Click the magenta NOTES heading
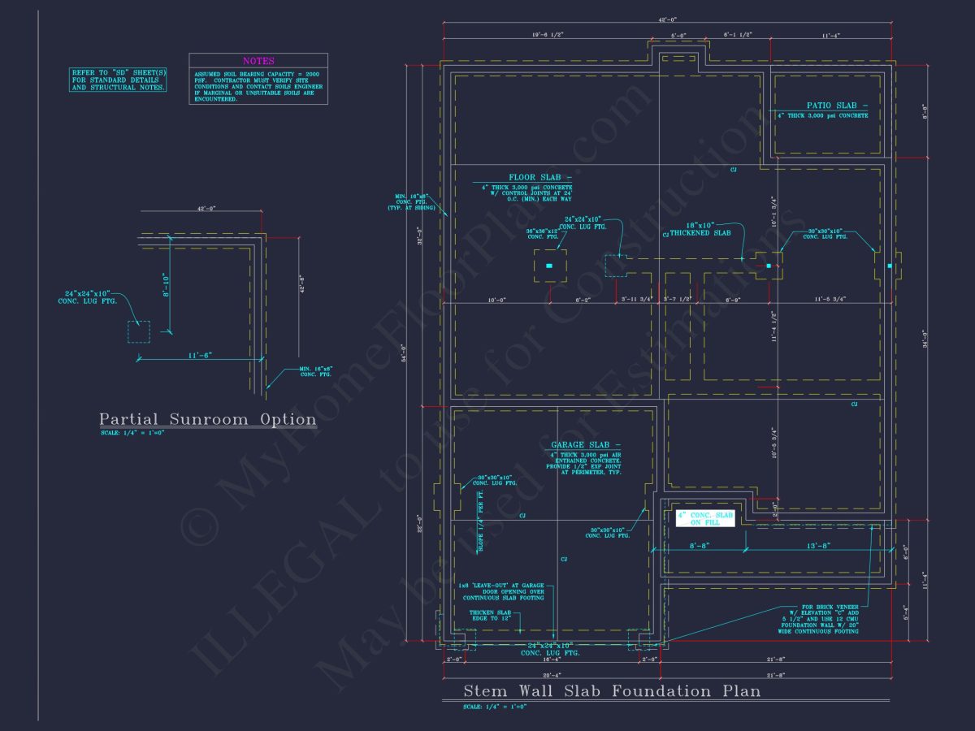pyautogui.click(x=258, y=61)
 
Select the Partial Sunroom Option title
pyautogui.click(x=207, y=420)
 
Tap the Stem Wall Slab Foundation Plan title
pyautogui.click(x=612, y=691)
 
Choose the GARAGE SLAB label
pyautogui.click(x=585, y=444)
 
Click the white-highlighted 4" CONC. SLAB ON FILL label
pyautogui.click(x=705, y=519)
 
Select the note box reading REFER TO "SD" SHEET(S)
pyautogui.click(x=118, y=80)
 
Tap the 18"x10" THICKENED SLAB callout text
pyautogui.click(x=700, y=228)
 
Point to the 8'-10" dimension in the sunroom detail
pyautogui.click(x=165, y=284)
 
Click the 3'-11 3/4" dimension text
pyautogui.click(x=637, y=300)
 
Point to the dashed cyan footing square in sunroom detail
pyautogui.click(x=138, y=332)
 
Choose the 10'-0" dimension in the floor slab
pyautogui.click(x=496, y=300)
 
